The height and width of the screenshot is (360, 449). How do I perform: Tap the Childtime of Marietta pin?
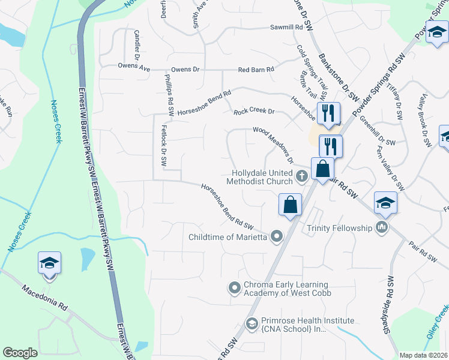pyautogui.click(x=277, y=236)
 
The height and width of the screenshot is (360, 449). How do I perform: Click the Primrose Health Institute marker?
pyautogui.click(x=252, y=325)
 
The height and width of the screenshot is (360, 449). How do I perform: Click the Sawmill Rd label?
pyautogui.click(x=286, y=28)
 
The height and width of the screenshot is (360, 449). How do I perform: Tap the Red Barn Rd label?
pyautogui.click(x=256, y=70)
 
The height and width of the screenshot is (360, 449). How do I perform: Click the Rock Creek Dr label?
pyautogui.click(x=253, y=111)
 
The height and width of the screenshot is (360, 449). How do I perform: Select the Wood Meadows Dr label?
pyautogui.click(x=273, y=145)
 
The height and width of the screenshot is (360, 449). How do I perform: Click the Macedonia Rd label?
pyautogui.click(x=46, y=296)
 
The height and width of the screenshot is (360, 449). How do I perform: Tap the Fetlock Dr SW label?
pyautogui.click(x=163, y=145)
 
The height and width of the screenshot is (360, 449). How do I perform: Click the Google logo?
pyautogui.click(x=20, y=353)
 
